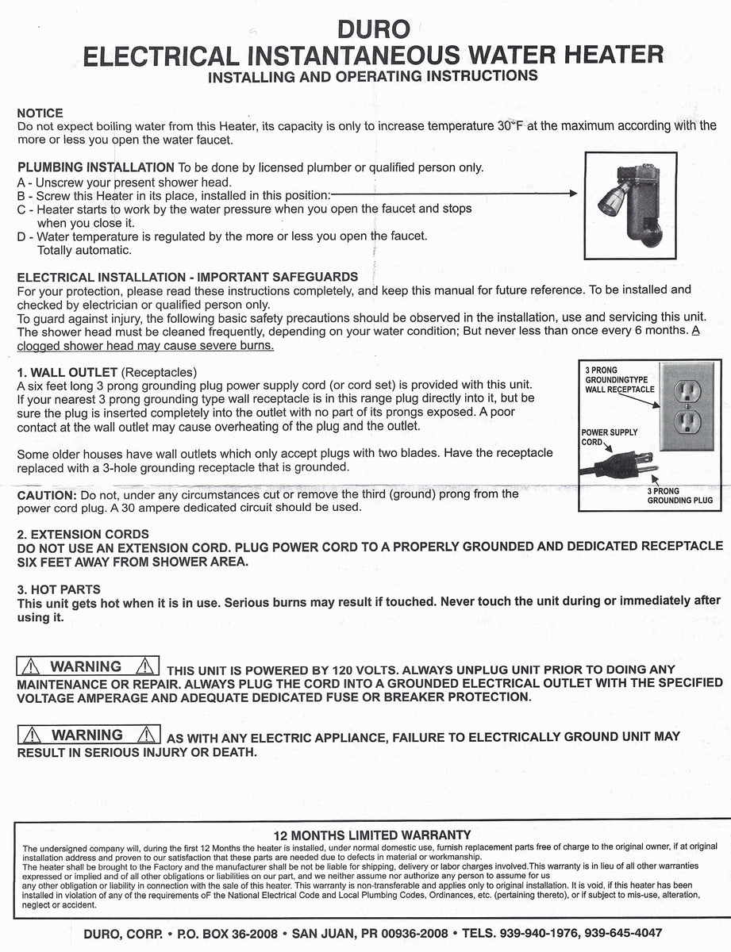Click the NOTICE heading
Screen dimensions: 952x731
(x=40, y=113)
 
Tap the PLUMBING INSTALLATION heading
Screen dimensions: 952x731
(x=95, y=167)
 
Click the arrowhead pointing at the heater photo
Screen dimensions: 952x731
(x=571, y=194)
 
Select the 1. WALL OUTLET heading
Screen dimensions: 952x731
(x=67, y=372)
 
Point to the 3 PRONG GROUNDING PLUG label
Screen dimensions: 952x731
(x=679, y=496)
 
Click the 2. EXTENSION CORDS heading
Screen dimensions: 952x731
(x=83, y=534)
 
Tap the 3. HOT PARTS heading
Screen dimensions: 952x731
(x=59, y=589)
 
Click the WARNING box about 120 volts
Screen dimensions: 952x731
(x=88, y=667)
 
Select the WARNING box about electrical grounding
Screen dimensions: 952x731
(x=88, y=735)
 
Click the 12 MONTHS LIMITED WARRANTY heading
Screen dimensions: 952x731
(x=371, y=835)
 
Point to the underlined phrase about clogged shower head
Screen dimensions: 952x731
(x=144, y=346)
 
